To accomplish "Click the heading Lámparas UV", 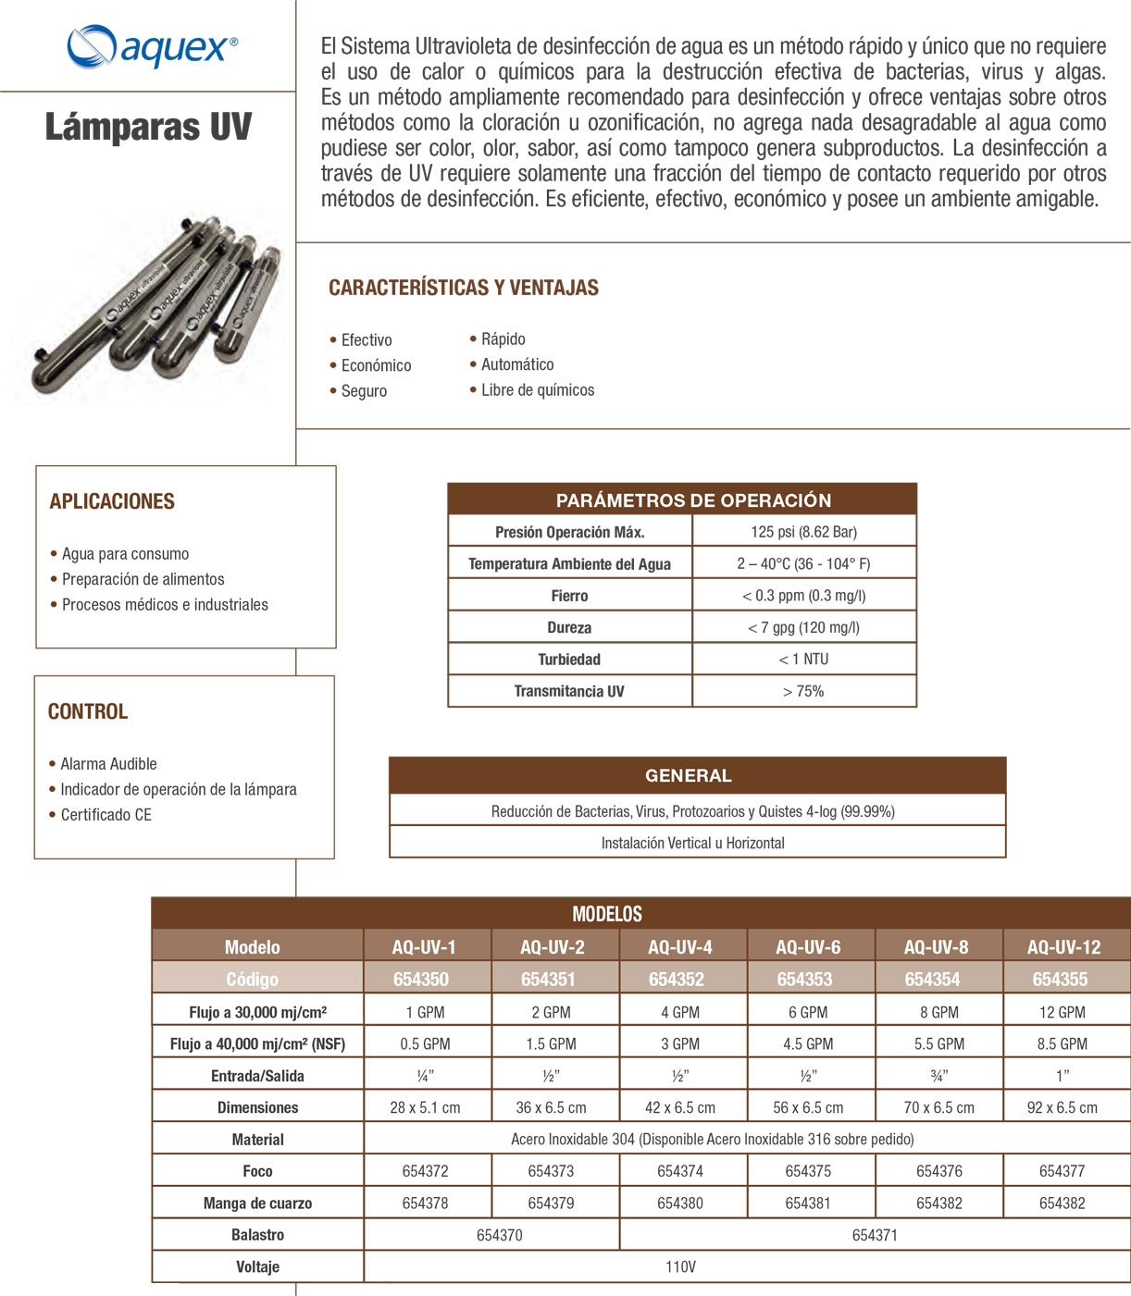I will [148, 127].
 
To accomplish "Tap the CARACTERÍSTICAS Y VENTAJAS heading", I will [464, 288].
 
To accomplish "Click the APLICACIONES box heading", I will [112, 501].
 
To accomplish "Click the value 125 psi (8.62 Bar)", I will [803, 532].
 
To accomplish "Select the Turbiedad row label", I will [569, 660].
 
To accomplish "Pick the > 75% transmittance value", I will [803, 691].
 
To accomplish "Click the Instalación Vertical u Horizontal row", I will [692, 843].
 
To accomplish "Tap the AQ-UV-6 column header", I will [808, 947].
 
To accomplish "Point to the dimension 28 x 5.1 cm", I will [425, 1108].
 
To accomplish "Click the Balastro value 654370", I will [499, 1235].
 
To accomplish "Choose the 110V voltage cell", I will [680, 1267].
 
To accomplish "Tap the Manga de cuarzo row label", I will [257, 1203].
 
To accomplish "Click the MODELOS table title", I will [607, 914].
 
